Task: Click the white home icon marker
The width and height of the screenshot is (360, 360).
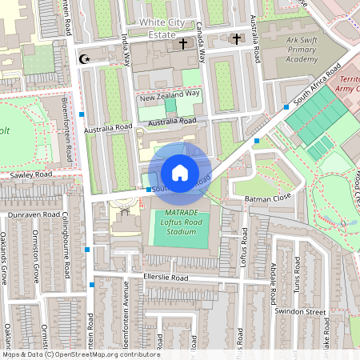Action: coord(180,172)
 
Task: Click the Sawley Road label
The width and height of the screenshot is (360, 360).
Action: coord(31,174)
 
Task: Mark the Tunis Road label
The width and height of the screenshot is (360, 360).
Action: coord(298,275)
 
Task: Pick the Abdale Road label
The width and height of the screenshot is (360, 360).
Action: coord(273,280)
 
